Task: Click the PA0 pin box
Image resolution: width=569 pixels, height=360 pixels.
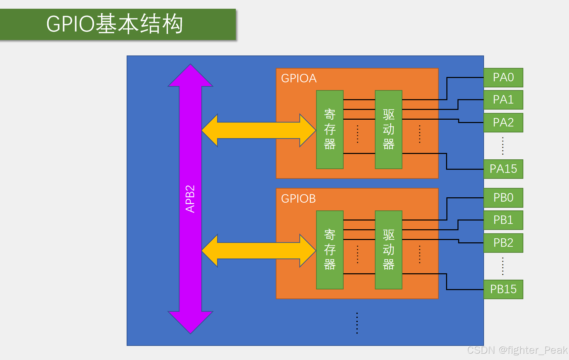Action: click(503, 78)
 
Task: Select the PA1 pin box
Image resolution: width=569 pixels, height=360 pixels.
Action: click(503, 100)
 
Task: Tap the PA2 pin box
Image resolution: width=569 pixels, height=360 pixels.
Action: click(503, 123)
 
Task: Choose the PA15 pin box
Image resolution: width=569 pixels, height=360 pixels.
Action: click(503, 169)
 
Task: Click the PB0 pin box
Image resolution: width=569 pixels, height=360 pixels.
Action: click(503, 198)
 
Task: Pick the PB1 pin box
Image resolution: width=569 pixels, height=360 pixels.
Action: click(503, 220)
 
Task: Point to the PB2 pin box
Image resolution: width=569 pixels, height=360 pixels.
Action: click(503, 243)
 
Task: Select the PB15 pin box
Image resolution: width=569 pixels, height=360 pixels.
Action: click(503, 289)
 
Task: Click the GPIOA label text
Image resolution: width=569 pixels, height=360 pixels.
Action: click(299, 78)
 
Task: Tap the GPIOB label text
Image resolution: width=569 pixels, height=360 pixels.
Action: click(298, 199)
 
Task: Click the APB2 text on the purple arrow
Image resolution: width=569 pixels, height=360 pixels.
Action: click(190, 199)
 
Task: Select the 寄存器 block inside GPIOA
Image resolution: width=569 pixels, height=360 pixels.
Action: click(330, 129)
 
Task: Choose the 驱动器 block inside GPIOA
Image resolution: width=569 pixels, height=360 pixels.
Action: click(388, 129)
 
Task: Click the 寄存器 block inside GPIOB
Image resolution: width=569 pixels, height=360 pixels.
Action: click(330, 250)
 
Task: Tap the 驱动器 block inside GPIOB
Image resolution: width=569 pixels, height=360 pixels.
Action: click(388, 250)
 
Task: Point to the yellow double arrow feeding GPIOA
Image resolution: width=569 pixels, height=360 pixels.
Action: click(259, 130)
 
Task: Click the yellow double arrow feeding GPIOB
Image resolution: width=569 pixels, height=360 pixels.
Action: click(259, 251)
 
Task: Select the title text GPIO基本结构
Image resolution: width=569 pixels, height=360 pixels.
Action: click(115, 24)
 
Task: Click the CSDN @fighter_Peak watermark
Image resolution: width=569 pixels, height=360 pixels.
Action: click(517, 350)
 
